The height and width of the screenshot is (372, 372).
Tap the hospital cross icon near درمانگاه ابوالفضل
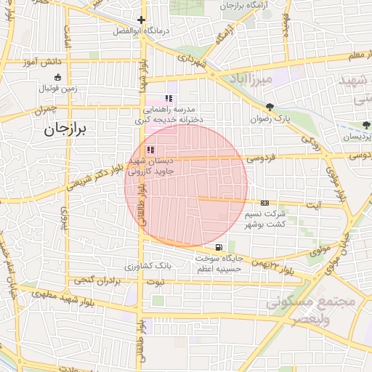click(x=141, y=20)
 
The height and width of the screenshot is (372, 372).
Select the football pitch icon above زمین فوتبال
click(x=58, y=78)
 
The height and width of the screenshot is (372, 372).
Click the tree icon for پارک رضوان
click(x=270, y=107)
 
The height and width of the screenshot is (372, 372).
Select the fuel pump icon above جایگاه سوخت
click(x=219, y=248)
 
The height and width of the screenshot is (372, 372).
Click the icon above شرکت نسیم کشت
click(x=264, y=203)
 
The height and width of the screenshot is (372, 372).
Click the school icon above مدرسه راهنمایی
click(x=169, y=98)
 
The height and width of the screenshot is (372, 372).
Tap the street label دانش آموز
click(x=41, y=62)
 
